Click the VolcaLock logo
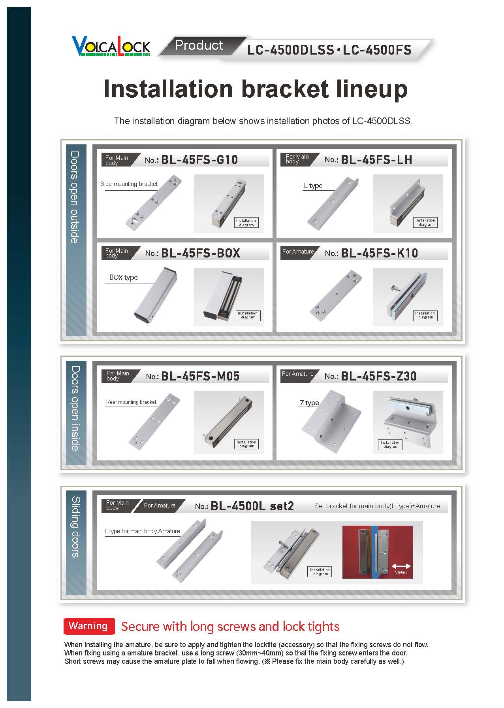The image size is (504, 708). point(111,46)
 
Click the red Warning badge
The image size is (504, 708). point(88,626)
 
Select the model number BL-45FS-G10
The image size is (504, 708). point(199,160)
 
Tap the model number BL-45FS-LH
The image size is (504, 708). point(376,160)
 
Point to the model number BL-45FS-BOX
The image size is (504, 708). point(200,253)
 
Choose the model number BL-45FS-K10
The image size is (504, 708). point(379,253)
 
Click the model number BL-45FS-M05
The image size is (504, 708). point(200,376)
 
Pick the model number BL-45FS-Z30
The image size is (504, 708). point(378,376)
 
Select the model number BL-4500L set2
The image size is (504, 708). point(252,506)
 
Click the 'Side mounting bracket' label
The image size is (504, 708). point(129,184)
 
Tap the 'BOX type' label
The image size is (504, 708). point(123,277)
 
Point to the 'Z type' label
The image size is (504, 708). point(309,403)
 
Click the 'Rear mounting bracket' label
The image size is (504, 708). point(131,402)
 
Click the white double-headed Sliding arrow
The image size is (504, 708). point(401,566)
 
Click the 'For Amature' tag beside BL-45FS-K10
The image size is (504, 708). point(298,252)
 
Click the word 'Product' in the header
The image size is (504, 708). point(199,45)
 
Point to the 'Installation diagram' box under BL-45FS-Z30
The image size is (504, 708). point(391,445)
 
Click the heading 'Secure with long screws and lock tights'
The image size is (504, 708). point(230,627)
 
